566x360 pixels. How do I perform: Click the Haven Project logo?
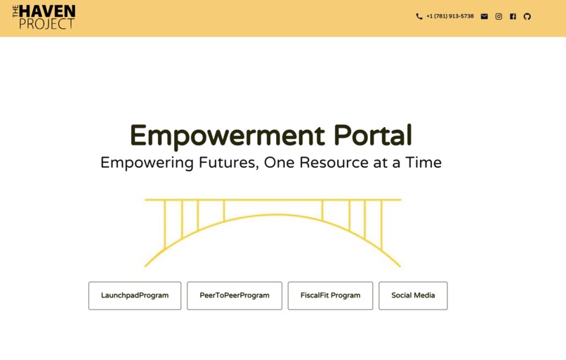click(x=44, y=17)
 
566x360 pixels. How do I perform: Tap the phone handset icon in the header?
click(x=419, y=16)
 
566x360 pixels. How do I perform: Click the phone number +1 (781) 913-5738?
click(x=450, y=16)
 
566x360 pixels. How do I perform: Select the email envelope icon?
click(x=484, y=16)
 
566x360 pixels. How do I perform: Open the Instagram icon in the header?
click(x=499, y=16)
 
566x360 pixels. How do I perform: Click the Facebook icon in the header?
click(x=513, y=16)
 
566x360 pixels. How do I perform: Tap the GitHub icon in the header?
click(x=527, y=16)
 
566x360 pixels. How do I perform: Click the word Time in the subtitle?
click(x=423, y=163)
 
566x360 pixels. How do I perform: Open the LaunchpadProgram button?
click(x=135, y=295)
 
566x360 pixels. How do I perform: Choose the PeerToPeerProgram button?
click(x=235, y=295)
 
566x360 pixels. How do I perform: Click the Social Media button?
click(x=413, y=295)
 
